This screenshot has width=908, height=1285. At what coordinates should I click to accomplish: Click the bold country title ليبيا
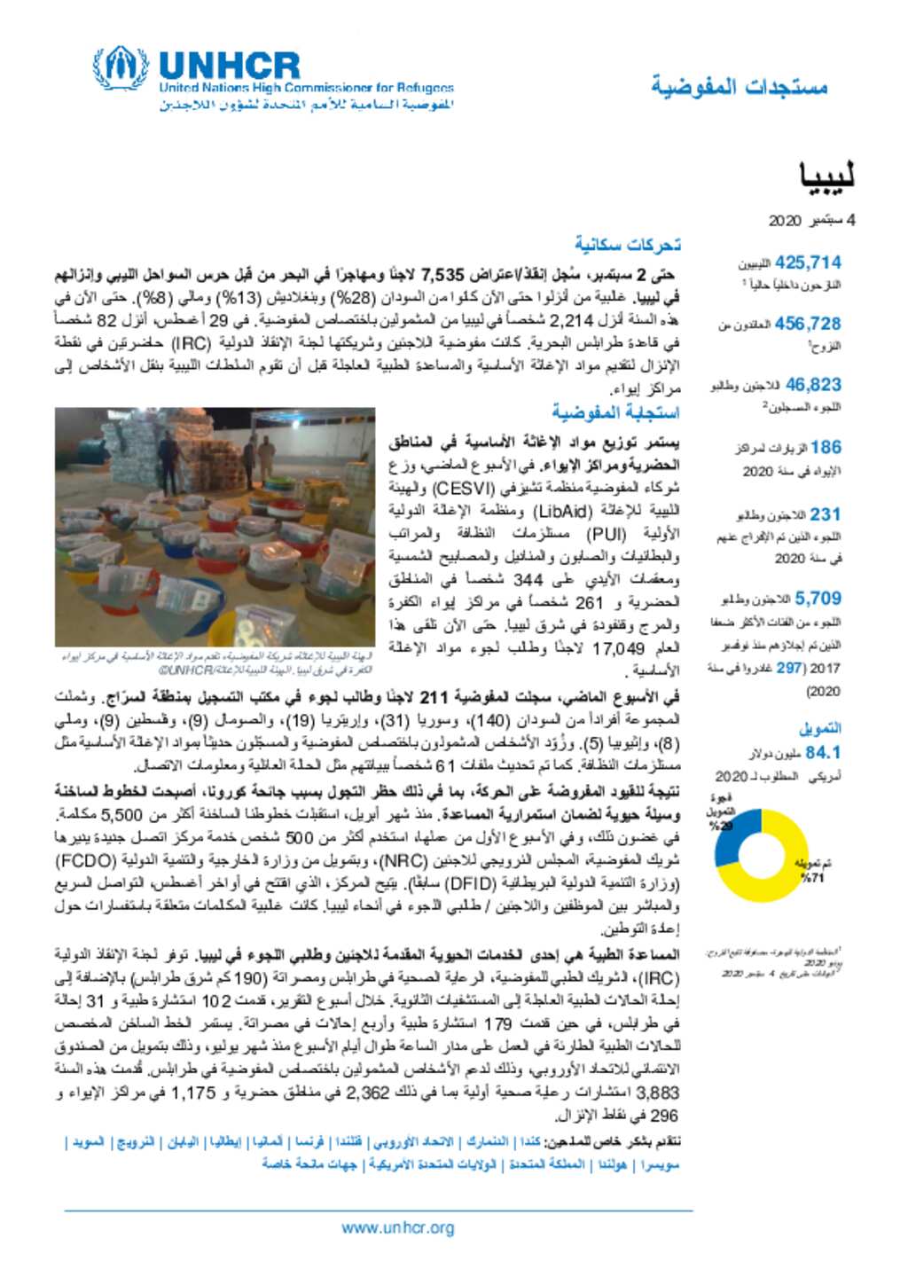coord(826,176)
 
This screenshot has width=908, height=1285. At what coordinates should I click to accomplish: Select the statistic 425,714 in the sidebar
coord(808,262)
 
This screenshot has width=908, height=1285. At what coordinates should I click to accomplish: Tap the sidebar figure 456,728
coord(808,324)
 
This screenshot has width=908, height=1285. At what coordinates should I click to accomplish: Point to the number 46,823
coord(813,385)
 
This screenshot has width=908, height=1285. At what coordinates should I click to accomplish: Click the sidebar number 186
coord(826,447)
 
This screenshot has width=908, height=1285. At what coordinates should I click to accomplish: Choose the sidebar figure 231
coord(825,514)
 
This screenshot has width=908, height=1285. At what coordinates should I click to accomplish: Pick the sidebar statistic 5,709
coord(818,599)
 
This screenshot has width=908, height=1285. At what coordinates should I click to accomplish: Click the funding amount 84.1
coord(823,752)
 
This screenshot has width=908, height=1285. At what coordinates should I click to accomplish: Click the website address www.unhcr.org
coord(397,1228)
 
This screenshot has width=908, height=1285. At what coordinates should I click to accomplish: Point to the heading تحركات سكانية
coord(627,244)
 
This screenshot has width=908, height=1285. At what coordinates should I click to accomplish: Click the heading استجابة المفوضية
coord(615,412)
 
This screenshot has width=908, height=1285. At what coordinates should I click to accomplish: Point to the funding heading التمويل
coord(820,728)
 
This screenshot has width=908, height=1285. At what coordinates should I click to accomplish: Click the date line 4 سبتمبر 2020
coord(811,220)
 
